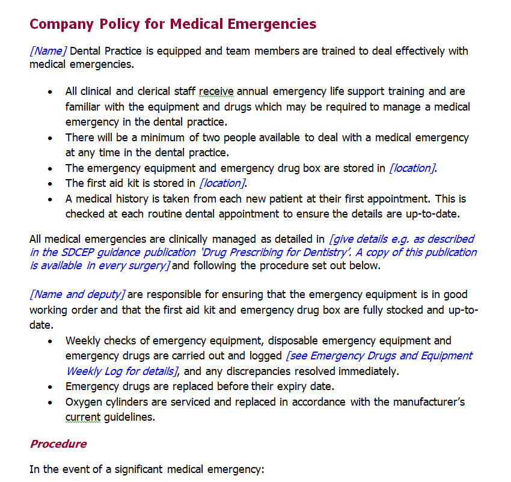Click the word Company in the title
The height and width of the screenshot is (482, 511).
click(x=58, y=25)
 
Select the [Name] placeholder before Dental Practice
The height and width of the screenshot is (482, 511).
click(x=48, y=51)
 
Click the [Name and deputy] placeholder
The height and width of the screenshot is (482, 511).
click(x=77, y=294)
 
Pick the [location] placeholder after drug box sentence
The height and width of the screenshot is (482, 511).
click(x=412, y=168)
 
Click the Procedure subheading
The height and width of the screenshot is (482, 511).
click(x=58, y=444)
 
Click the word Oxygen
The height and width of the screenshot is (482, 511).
click(x=84, y=402)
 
